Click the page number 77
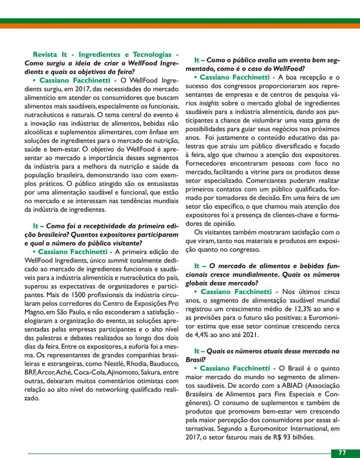click(x=342, y=453)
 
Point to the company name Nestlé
click(x=112, y=364)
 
